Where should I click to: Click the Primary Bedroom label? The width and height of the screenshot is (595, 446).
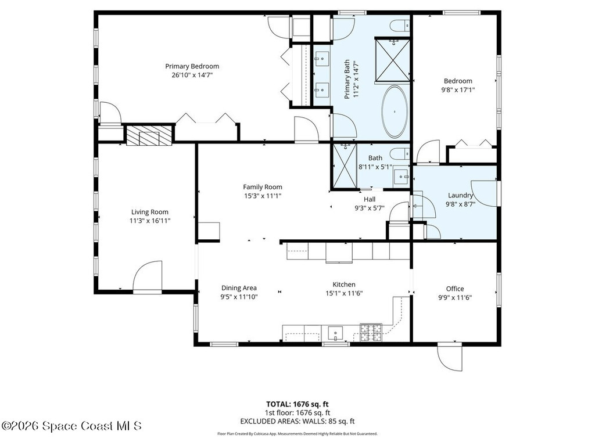[x=192, y=66]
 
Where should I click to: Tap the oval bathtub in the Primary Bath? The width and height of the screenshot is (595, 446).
[x=395, y=111]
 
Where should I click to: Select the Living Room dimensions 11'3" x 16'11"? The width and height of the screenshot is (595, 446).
[x=150, y=221]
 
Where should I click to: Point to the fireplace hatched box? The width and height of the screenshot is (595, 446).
[x=149, y=135]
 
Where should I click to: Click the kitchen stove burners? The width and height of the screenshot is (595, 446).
[x=371, y=333]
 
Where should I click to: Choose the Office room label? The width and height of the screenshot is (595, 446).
[x=455, y=289]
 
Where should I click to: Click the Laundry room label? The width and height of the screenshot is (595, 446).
[x=460, y=195]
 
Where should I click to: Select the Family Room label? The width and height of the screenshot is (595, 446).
[x=263, y=187]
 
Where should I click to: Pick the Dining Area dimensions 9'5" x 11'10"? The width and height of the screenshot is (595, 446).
[x=239, y=297]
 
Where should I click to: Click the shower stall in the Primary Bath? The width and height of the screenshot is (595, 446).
[x=392, y=59]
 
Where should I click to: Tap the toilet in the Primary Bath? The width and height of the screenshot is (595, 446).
[x=400, y=26]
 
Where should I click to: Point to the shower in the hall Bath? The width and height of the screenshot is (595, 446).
[x=345, y=166]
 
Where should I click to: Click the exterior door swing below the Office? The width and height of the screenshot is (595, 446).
[x=450, y=357]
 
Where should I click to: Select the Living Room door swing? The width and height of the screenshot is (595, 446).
[x=148, y=276]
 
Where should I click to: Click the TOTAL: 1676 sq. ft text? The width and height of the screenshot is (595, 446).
[x=297, y=404]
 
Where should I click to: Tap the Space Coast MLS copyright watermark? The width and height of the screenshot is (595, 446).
[x=71, y=426]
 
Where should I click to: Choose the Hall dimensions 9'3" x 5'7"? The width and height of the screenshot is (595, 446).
[x=370, y=208]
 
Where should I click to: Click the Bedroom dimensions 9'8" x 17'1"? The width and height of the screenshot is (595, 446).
[x=458, y=90]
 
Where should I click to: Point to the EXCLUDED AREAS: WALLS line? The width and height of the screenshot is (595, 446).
[x=297, y=421]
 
